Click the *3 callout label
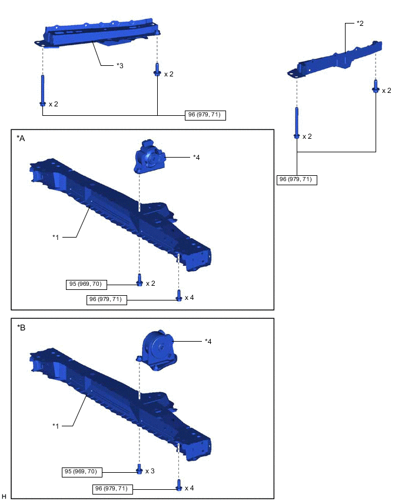(120, 65)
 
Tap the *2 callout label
(360, 24)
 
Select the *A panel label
(21, 138)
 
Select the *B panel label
(21, 328)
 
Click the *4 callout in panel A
(197, 157)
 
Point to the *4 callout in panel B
(208, 342)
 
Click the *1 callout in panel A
(56, 237)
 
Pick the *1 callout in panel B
(56, 426)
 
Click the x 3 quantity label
(150, 471)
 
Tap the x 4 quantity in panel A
(190, 298)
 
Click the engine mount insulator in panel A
(149, 156)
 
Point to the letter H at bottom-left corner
(4, 496)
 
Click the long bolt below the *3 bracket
(42, 91)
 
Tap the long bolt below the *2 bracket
(297, 123)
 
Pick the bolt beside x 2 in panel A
(140, 280)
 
